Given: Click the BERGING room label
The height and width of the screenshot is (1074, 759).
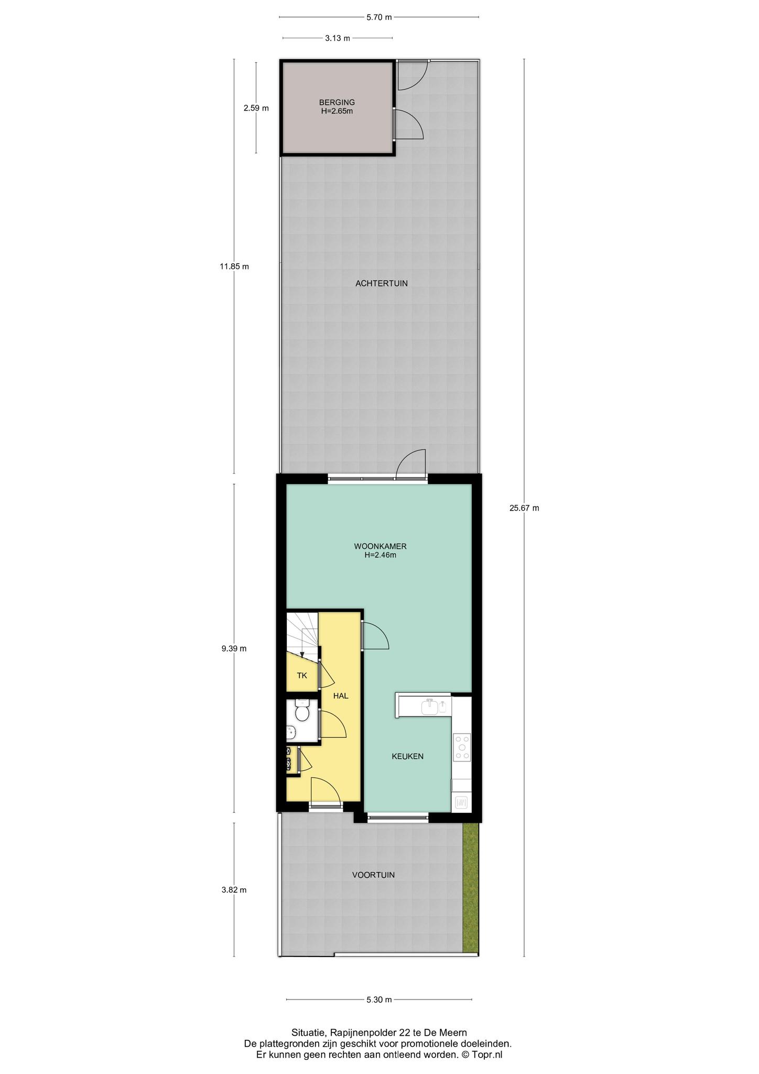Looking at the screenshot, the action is tap(337, 102).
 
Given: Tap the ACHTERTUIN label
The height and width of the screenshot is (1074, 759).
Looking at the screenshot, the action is tap(382, 284).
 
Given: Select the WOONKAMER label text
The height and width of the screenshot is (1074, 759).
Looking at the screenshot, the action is tap(381, 546).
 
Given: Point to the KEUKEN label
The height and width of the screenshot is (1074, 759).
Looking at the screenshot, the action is tap(408, 756).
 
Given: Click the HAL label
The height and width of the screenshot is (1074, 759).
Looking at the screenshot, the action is tap(341, 696).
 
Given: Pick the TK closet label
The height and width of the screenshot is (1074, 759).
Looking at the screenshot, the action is tap(302, 675).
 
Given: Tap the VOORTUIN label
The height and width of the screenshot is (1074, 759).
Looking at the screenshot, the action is tap(373, 875).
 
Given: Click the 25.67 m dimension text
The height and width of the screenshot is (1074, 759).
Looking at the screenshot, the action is tap(524, 508).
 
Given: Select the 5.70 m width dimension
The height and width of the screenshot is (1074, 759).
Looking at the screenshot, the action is tap(379, 17).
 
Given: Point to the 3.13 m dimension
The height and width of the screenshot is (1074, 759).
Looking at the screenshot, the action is tap(338, 38).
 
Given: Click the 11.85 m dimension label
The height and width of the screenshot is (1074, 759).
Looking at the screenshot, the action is tap(234, 266).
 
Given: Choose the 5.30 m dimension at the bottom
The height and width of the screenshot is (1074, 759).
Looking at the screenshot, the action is tap(379, 1014).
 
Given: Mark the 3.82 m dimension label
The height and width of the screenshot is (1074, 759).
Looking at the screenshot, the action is tap(234, 889).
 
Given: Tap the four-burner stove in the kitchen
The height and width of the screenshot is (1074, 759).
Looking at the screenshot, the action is tap(462, 747).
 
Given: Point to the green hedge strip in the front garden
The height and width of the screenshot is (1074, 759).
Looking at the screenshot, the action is tap(471, 888).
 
